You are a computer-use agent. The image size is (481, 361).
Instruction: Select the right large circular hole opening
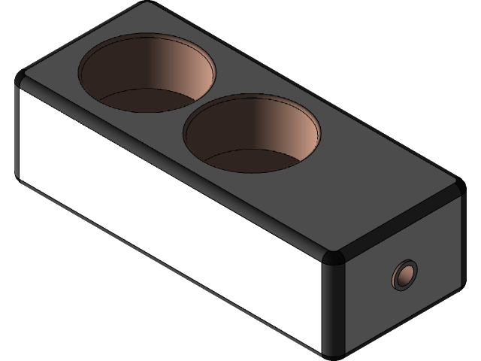click(x=252, y=134)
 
